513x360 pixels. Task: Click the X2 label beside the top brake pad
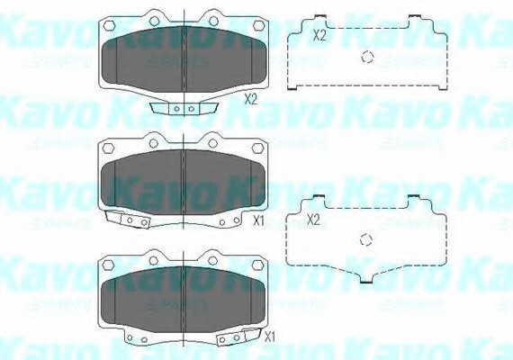250,101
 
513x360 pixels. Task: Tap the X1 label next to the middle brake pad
257,219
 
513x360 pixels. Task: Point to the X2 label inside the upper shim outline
319,35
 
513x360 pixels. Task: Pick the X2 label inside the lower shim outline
314,219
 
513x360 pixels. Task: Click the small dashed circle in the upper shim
367,58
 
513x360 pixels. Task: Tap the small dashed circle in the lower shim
364,239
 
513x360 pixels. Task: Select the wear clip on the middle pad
125,220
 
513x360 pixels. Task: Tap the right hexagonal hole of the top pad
212,20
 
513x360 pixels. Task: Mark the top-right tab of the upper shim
416,19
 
